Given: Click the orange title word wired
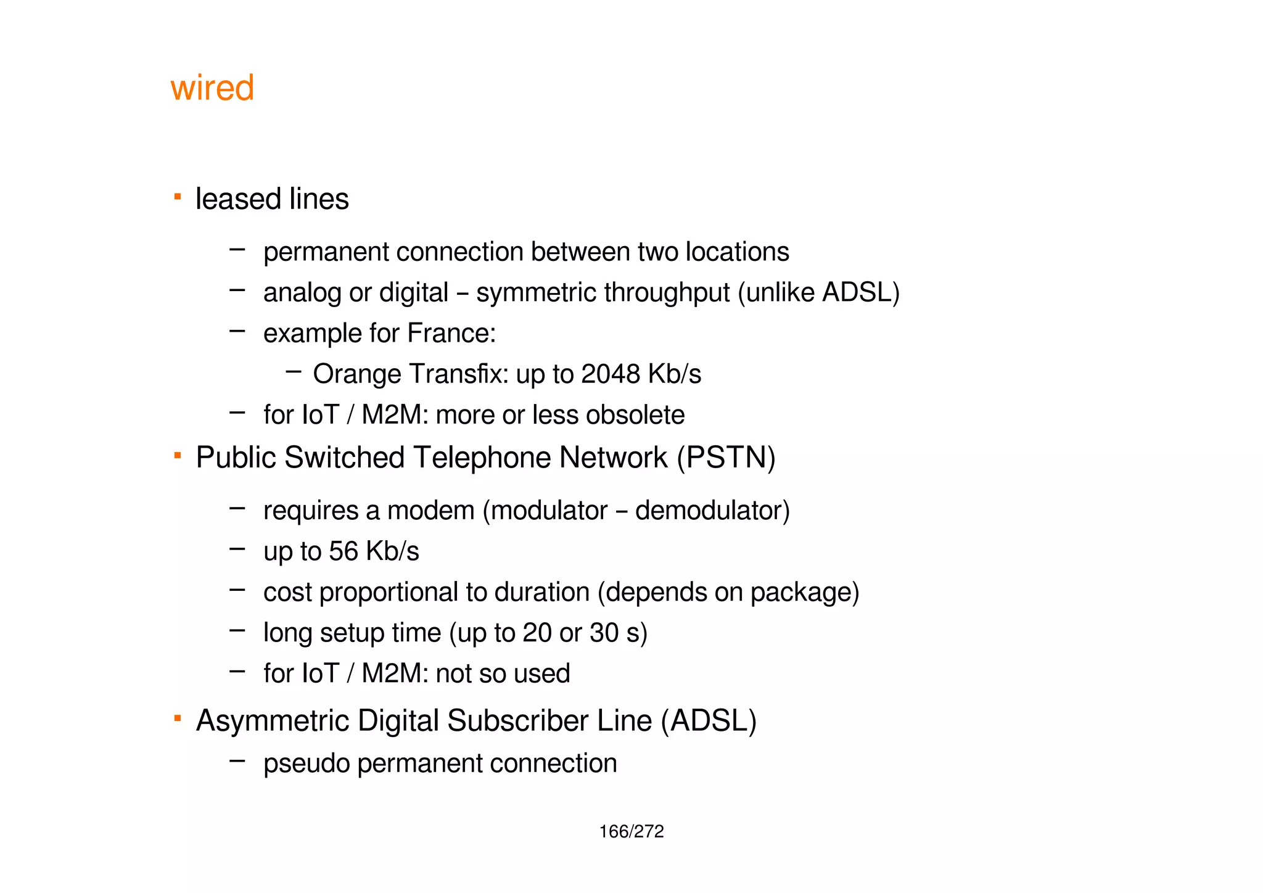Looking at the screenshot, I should [x=212, y=88].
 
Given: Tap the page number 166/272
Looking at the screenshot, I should [x=631, y=832].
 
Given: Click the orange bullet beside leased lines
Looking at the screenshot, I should [x=178, y=197].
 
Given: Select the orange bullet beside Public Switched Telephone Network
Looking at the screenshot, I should [x=178, y=456].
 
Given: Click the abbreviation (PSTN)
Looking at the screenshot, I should [x=726, y=458].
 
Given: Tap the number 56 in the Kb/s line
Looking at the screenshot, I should [x=343, y=551].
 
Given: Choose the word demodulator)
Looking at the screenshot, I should [x=712, y=511].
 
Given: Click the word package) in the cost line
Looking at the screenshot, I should [x=804, y=593].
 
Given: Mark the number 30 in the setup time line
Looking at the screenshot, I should [x=604, y=633].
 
